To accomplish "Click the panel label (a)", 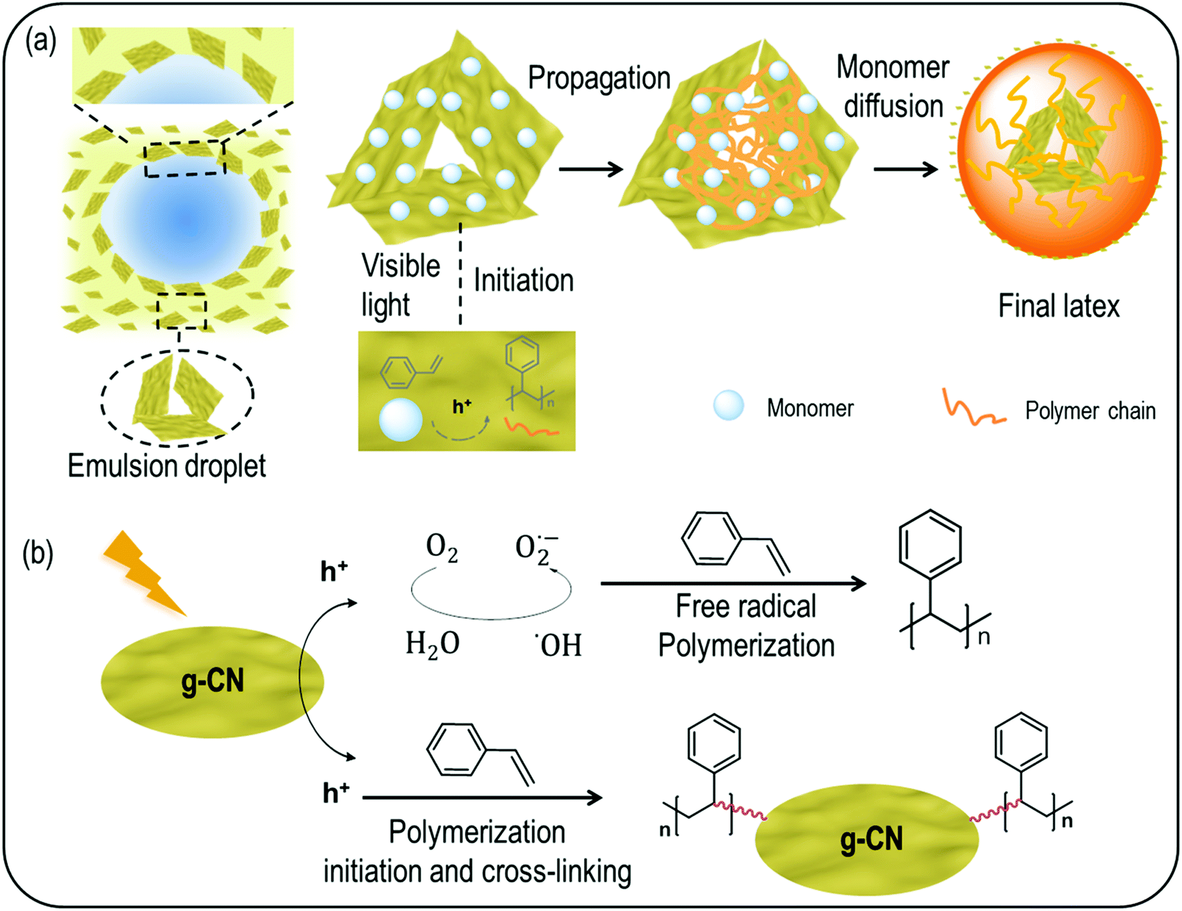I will click(x=40, y=42).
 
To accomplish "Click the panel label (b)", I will click(x=38, y=553).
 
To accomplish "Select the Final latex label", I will click(x=1059, y=307).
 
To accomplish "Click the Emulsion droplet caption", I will click(x=166, y=467).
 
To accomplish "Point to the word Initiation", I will click(x=523, y=280).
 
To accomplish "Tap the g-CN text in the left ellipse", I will click(x=212, y=682).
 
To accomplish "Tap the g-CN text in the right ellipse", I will click(x=871, y=839).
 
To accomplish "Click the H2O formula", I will click(x=432, y=645).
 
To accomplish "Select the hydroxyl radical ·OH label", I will click(x=559, y=645).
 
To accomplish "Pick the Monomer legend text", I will click(x=810, y=408).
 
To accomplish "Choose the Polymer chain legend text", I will click(x=1090, y=411).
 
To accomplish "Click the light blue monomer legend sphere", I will click(x=728, y=405).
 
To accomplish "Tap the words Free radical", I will click(x=746, y=607).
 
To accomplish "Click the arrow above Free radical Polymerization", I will click(x=733, y=583).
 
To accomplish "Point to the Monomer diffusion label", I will click(x=893, y=87).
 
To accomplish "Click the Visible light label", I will click(x=399, y=285).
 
